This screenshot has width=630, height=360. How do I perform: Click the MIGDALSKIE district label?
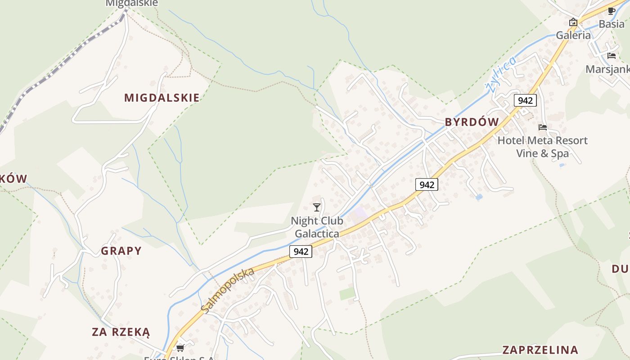tap(162, 98)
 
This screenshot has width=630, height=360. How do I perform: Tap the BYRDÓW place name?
tap(472, 122)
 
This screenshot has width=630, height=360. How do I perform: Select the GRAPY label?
tap(121, 251)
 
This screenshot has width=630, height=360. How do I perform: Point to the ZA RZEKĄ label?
tap(121, 332)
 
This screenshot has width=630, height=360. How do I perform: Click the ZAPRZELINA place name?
tap(540, 350)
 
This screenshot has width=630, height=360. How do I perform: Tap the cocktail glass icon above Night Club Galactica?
tap(317, 207)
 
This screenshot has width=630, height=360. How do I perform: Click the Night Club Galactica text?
tap(317, 227)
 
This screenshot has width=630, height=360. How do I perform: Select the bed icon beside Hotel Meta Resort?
tap(543, 127)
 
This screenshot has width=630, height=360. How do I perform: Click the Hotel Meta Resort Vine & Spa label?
tap(542, 147)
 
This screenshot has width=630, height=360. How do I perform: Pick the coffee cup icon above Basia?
tap(611, 11)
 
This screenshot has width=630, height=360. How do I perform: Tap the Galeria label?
tap(573, 35)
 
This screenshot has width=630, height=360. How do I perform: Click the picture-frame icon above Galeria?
tap(573, 22)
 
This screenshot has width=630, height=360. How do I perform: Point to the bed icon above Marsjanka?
tap(611, 56)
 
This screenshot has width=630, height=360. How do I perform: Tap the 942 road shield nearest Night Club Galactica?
tap(301, 252)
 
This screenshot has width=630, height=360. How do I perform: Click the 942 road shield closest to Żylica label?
tap(525, 100)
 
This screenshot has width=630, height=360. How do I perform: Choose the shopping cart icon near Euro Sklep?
tap(180, 348)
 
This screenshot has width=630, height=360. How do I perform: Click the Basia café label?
tap(611, 24)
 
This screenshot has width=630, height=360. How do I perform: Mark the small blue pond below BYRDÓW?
tap(479, 197)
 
